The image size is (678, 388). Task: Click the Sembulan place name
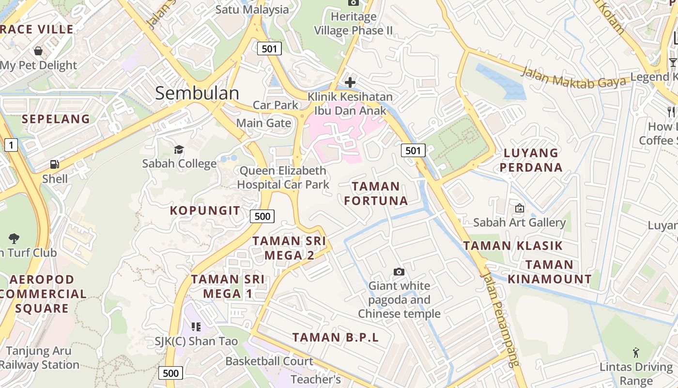[197, 93]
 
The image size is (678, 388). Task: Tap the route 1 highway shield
[11, 145]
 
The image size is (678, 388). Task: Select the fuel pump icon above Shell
[55, 165]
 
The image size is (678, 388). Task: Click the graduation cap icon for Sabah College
[179, 149]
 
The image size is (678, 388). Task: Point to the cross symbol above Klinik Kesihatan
[350, 82]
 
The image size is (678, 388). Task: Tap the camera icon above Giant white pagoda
[399, 272]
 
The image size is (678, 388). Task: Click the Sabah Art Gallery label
[519, 223]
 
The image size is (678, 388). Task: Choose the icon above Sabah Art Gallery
[520, 209]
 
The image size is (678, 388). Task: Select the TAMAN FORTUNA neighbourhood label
[376, 193]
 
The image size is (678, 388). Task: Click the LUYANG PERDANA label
[531, 160]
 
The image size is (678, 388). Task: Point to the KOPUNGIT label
[205, 210]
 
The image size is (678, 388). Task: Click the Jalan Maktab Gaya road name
[574, 78]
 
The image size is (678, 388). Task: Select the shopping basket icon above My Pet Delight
[38, 51]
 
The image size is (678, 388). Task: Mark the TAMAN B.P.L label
[335, 337]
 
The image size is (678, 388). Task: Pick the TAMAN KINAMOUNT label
[550, 272]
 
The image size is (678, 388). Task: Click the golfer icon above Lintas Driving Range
[636, 353]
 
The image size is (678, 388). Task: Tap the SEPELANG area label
[56, 119]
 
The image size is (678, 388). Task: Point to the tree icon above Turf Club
[14, 238]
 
